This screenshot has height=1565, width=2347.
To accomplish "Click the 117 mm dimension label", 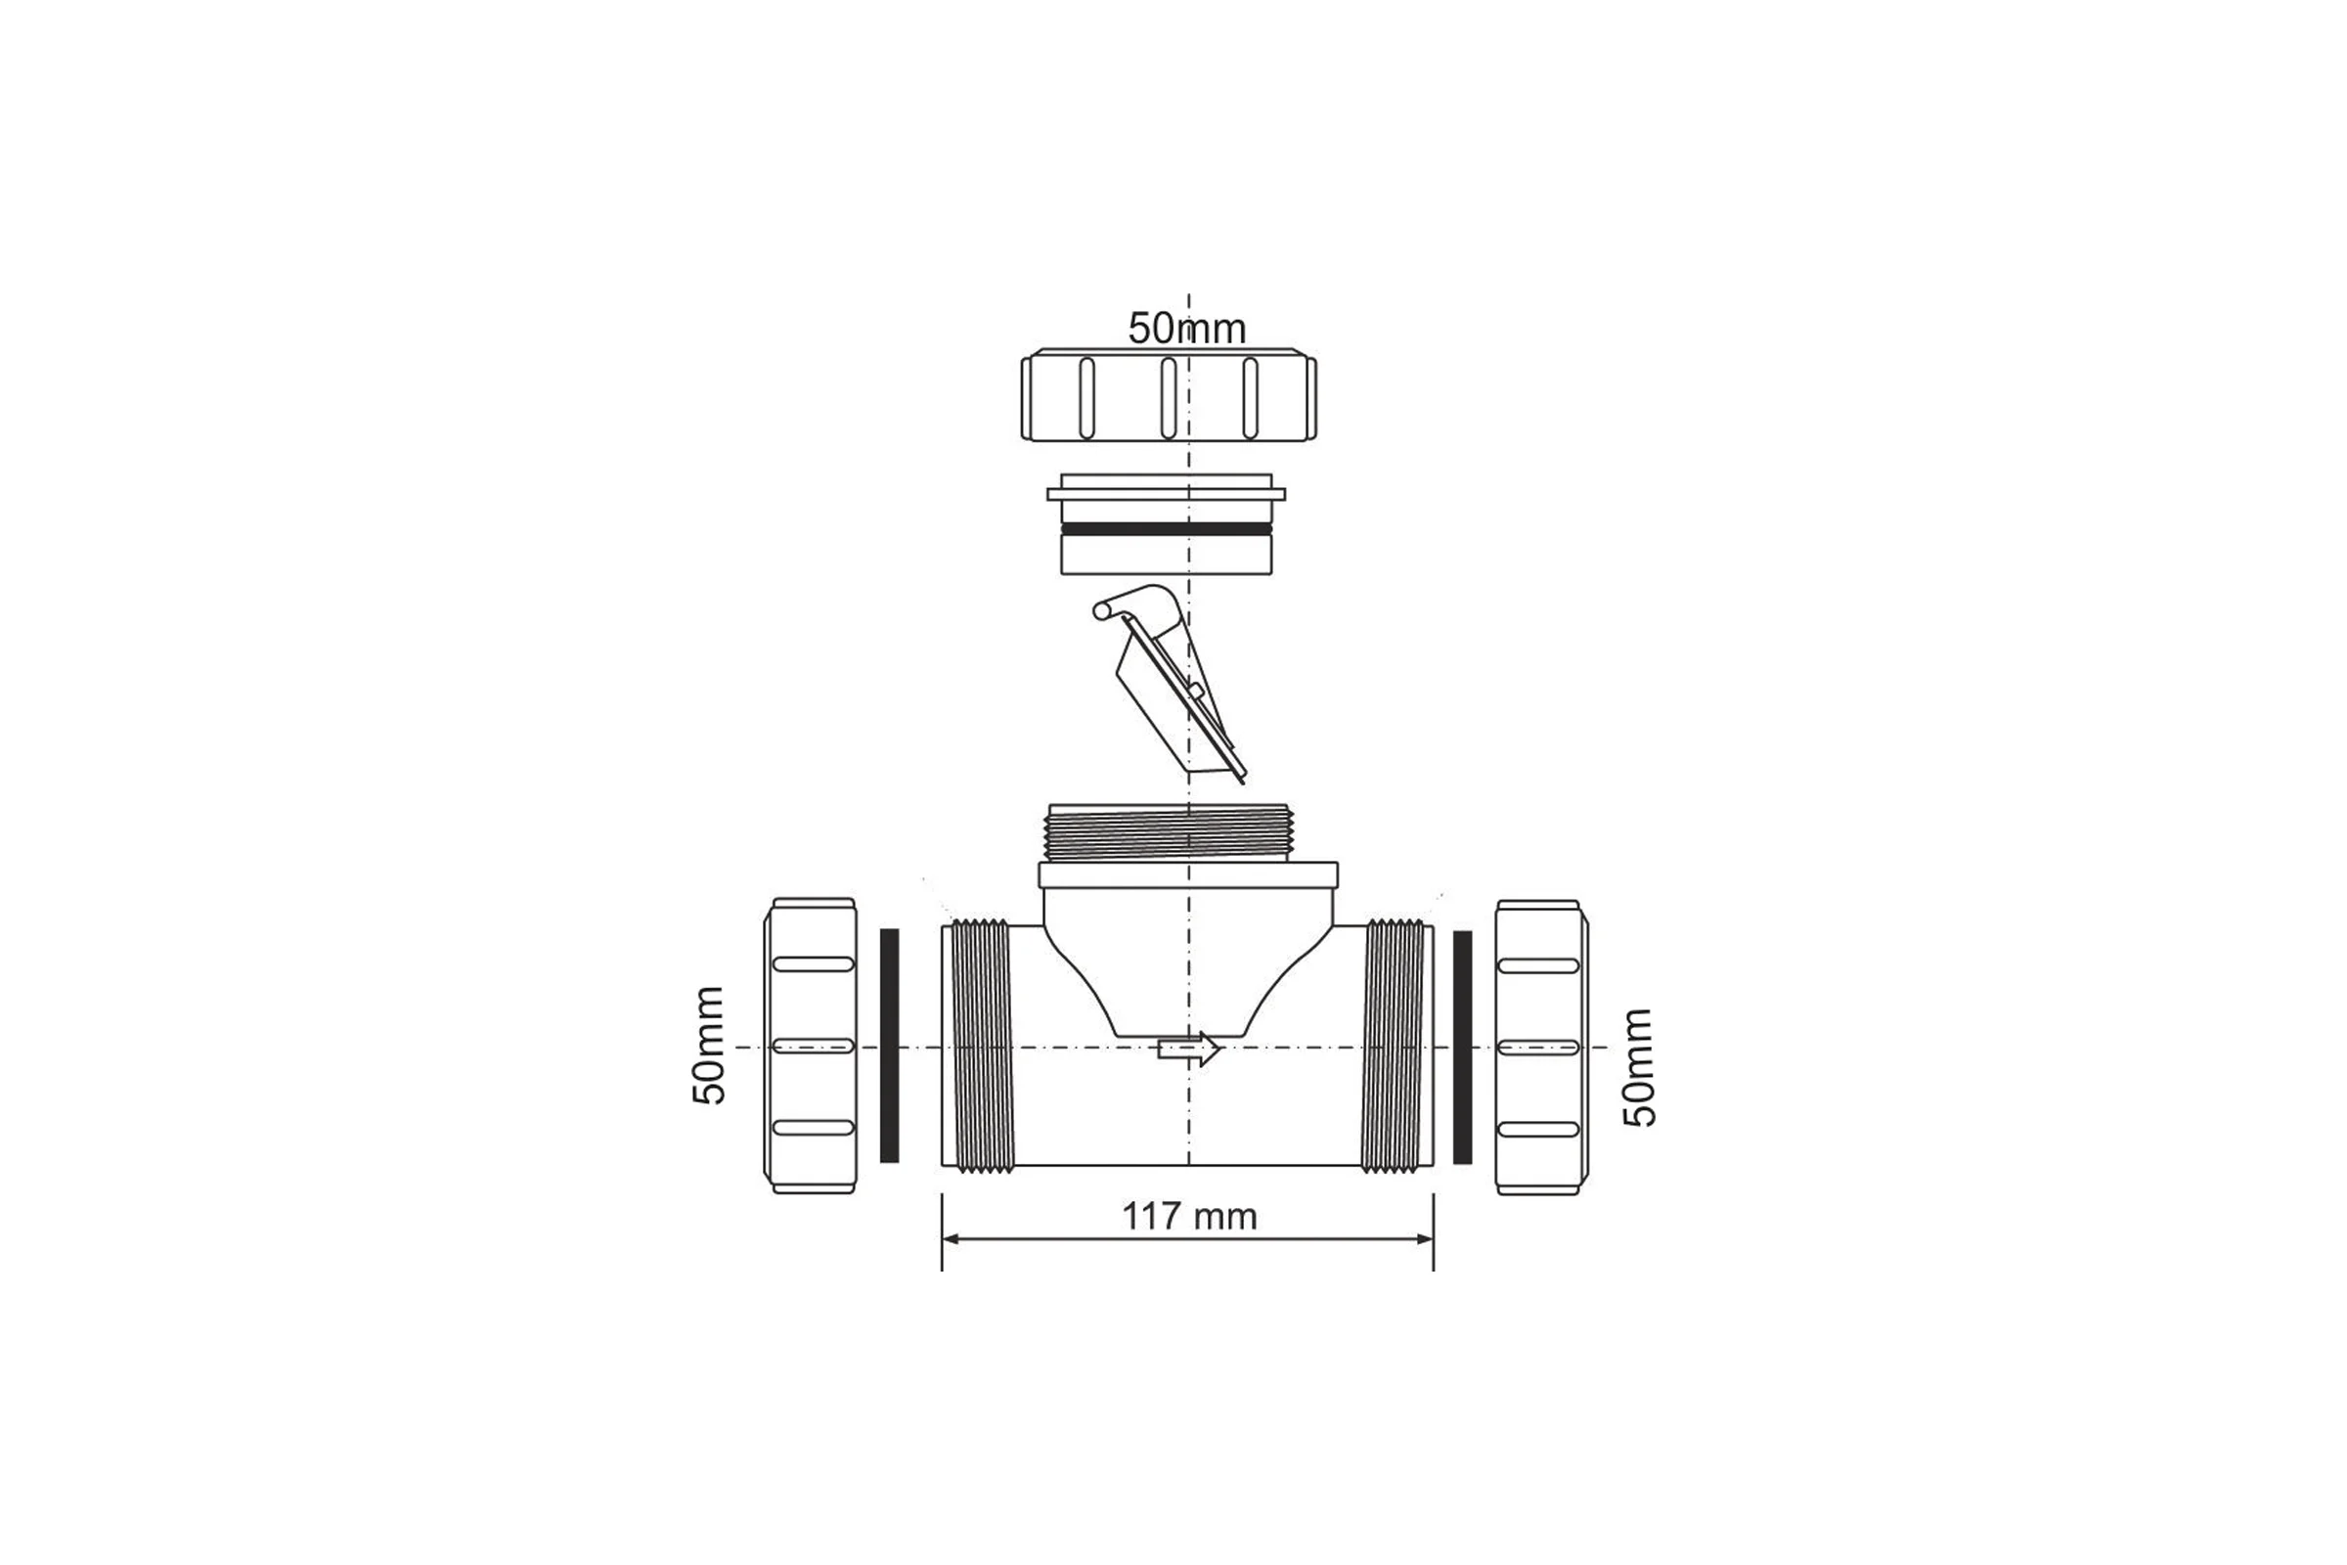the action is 1189,1217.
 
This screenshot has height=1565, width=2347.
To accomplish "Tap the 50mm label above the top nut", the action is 1187,329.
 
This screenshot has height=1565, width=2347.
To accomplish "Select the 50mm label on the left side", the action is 708,1045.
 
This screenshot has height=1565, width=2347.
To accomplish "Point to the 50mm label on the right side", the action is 1639,1067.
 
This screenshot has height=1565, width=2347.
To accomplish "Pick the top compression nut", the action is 1169,394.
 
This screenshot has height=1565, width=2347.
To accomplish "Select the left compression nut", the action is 811,1045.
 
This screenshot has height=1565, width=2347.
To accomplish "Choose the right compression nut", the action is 1542,1046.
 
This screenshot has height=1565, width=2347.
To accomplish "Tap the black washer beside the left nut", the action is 889,1045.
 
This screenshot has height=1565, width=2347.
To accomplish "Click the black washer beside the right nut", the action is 1463,1047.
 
